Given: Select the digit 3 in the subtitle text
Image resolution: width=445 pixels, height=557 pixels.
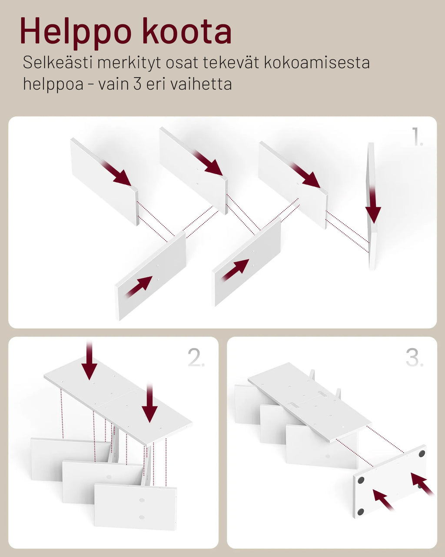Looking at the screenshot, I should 137,84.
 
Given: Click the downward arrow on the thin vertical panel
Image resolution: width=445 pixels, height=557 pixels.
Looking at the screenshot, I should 373,205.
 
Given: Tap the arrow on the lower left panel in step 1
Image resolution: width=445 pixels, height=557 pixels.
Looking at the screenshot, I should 139,286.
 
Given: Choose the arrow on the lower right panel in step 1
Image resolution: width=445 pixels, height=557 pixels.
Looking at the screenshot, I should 235,270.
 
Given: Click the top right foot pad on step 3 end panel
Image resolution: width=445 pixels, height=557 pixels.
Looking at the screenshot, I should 422,453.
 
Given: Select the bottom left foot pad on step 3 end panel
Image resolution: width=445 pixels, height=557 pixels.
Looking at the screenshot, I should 360,511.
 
